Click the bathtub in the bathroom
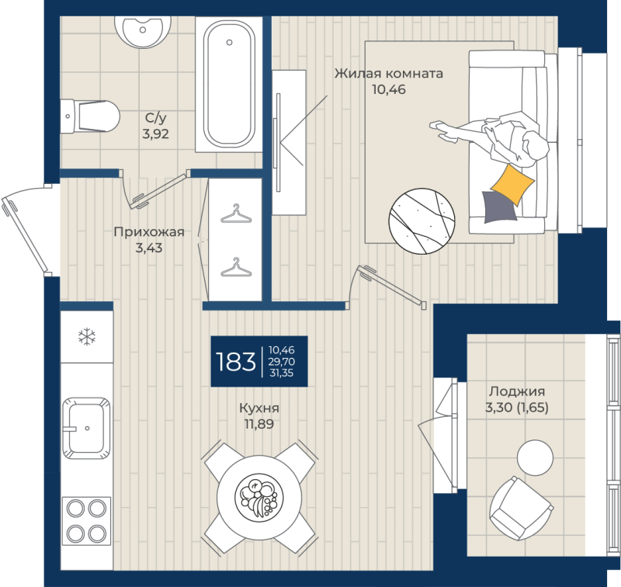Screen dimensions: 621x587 point(229,84)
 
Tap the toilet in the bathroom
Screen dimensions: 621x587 point(90,116)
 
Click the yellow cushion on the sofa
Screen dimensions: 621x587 point(513,185)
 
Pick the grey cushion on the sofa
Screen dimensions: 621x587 point(499,207)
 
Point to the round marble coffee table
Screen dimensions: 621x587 point(422,221)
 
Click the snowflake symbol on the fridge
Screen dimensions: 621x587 point(87,338)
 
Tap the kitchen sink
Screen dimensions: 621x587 point(86,428)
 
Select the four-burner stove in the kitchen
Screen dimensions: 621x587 point(86,521)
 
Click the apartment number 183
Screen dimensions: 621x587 point(236,362)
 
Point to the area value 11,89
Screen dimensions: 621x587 point(259,424)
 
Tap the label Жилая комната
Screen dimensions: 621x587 point(389,73)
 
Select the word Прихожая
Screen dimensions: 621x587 point(149,231)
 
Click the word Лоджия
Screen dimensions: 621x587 point(517,391)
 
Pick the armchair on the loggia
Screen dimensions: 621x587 point(520,508)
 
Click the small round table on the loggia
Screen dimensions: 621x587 point(535,457)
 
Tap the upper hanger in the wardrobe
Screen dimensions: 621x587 point(236,214)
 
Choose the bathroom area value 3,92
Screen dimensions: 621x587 point(156,134)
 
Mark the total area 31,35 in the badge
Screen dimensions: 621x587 point(281,373)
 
